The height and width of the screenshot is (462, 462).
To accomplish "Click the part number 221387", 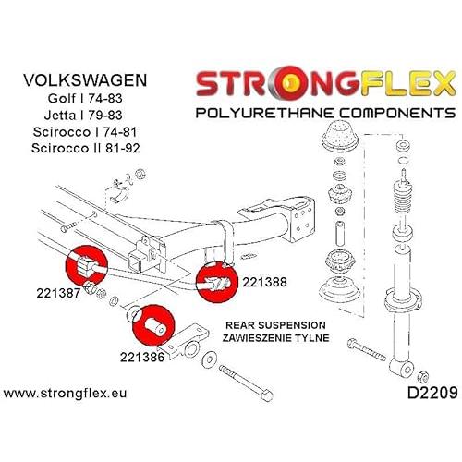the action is [x=58, y=293].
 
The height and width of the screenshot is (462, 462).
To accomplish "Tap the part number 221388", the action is [x=264, y=282].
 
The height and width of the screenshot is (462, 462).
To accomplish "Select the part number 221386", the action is [x=142, y=357].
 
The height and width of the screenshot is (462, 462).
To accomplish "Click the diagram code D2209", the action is [x=432, y=393].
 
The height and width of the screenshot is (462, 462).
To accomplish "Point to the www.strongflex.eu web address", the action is [x=65, y=394].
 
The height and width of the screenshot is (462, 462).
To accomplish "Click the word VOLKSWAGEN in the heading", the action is [x=85, y=80].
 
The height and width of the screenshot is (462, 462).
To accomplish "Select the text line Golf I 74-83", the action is [x=85, y=98].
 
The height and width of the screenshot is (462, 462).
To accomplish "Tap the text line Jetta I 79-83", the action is [x=83, y=115].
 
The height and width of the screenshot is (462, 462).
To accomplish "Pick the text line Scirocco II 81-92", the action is [x=85, y=148].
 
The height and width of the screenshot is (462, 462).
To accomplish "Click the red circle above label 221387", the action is [x=87, y=266].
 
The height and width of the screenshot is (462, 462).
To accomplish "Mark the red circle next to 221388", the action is [x=217, y=282].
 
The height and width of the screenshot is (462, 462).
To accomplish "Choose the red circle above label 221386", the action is [x=153, y=325].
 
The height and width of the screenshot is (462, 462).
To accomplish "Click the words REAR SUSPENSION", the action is [x=275, y=325].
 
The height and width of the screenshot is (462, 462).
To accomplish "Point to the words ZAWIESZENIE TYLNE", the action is [x=275, y=338].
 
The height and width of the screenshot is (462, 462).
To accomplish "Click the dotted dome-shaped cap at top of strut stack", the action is [x=339, y=135].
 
